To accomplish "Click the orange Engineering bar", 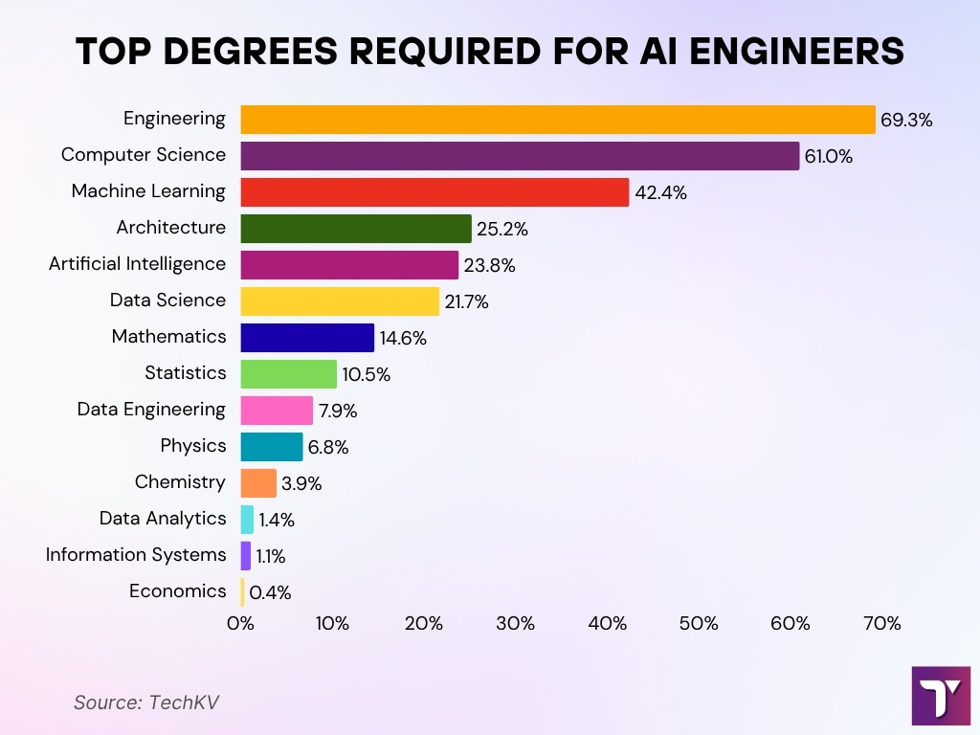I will click(x=557, y=120).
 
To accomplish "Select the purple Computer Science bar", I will click(x=519, y=156).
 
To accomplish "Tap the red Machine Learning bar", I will click(x=434, y=192).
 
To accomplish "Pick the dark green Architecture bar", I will click(x=355, y=229).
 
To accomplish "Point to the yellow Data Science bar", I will click(x=339, y=301).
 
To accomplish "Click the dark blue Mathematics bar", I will click(x=306, y=338).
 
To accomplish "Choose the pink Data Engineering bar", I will click(x=276, y=411).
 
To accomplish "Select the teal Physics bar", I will click(x=271, y=447).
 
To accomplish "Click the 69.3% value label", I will click(x=905, y=121).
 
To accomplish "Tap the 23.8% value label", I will click(x=489, y=266).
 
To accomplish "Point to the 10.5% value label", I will click(x=366, y=375).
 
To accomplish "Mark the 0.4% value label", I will click(x=270, y=593).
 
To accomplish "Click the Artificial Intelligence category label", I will click(x=137, y=264).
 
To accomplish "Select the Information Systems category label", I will click(x=136, y=555).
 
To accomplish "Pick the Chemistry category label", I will click(x=180, y=482).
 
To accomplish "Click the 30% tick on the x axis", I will click(x=515, y=624).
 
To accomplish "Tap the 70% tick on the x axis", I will click(x=881, y=624).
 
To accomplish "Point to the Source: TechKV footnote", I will click(x=146, y=702).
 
